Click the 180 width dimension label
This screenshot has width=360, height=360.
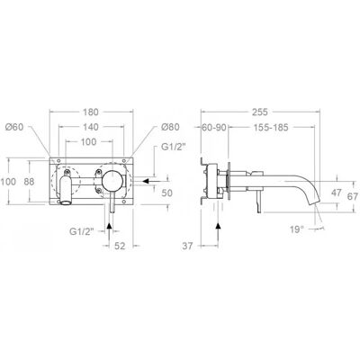coord(91,112)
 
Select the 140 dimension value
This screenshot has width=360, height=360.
coord(91,127)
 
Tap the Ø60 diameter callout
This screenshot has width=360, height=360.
coord(14,127)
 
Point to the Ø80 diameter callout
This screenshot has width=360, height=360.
coord(170,127)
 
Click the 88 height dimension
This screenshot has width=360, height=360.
coord(30,182)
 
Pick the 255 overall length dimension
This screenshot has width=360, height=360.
coord(259,112)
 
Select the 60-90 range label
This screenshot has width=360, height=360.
coord(214,127)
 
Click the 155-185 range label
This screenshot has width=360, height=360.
coord(271,127)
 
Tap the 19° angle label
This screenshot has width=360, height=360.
coord(297,229)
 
